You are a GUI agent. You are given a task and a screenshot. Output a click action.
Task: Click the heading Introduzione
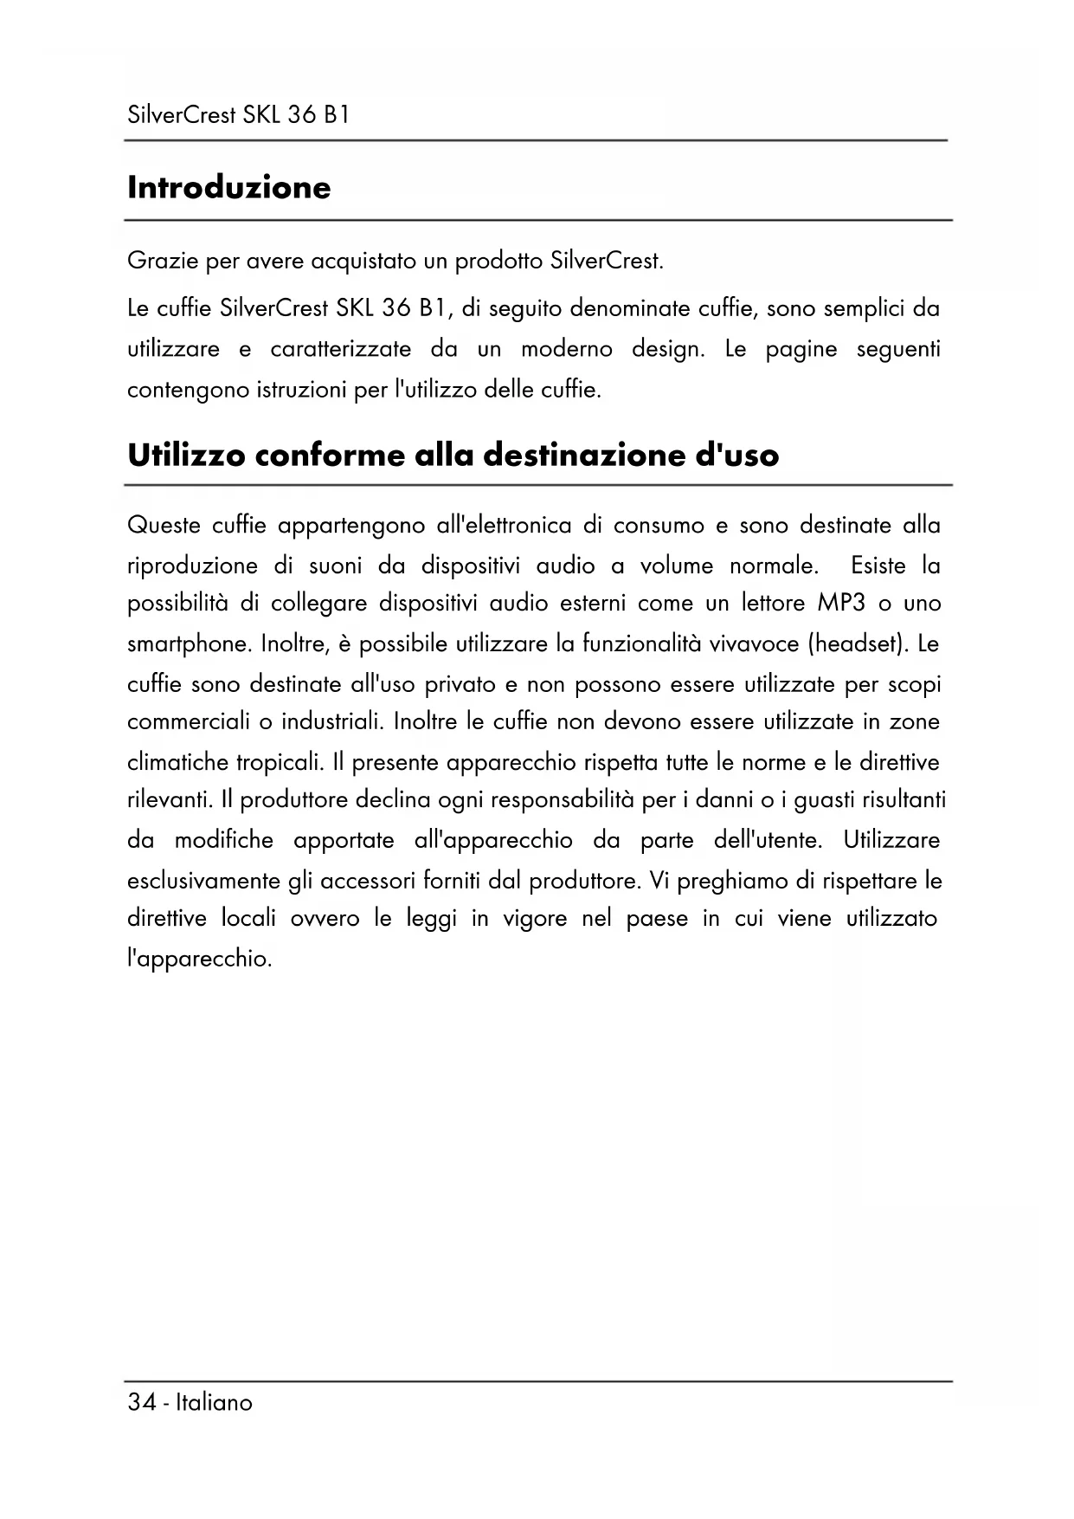coord(228,187)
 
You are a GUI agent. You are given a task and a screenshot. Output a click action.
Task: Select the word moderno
coord(566,349)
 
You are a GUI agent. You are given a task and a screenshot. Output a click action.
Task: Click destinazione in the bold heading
coord(584,455)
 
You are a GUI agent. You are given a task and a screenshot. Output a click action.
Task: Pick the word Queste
coord(164,526)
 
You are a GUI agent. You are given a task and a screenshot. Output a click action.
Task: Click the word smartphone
coord(190,644)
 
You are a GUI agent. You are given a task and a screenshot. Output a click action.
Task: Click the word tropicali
coord(280,763)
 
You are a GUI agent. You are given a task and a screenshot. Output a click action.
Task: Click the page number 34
coord(141,1403)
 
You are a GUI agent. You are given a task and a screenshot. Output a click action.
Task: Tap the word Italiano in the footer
coord(214,1403)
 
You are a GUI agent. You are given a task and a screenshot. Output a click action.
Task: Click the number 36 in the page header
coord(300,115)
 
